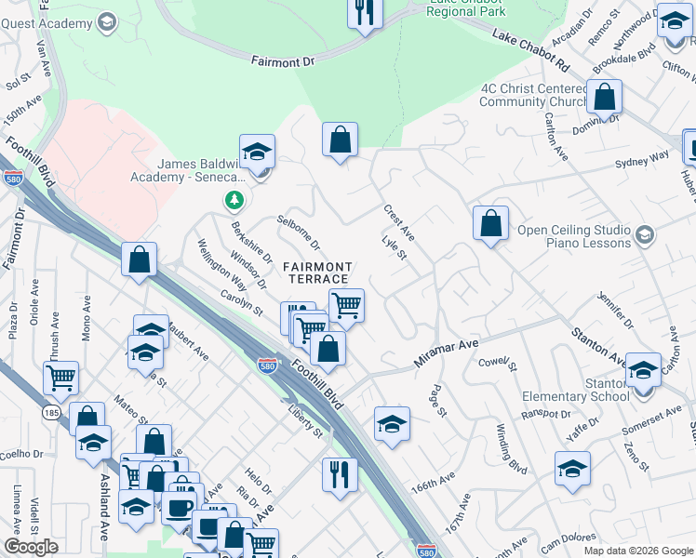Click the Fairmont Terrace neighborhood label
pyautogui.click(x=319, y=273)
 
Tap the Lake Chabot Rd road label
pyautogui.click(x=530, y=51)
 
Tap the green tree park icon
pyautogui.click(x=234, y=200)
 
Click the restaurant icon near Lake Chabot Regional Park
pyautogui.click(x=364, y=12)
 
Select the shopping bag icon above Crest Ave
pyautogui.click(x=341, y=139)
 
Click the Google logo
pyautogui.click(x=31, y=547)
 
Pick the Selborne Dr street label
pyautogui.click(x=298, y=233)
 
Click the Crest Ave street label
pyautogui.click(x=399, y=223)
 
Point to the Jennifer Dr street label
pyautogui.click(x=615, y=312)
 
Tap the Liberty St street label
pyautogui.click(x=304, y=420)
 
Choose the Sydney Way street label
pyautogui.click(x=641, y=160)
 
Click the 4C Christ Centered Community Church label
pyautogui.click(x=533, y=95)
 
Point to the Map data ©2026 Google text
pyautogui.click(x=637, y=551)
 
